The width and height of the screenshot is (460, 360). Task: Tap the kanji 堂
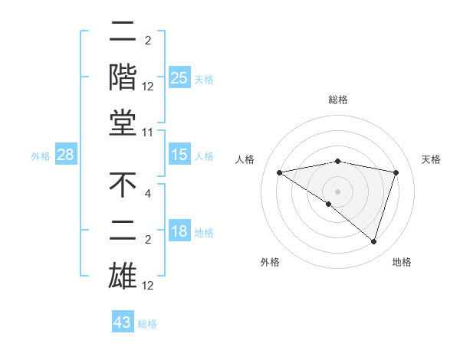pos(123,125)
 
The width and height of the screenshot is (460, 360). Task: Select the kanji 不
pos(123,185)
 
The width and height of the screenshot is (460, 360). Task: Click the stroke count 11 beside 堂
pos(148,133)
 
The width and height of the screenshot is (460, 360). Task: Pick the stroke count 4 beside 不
pos(148,194)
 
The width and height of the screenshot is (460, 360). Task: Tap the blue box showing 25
pos(179,77)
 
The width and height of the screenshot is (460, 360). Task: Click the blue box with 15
pos(179,155)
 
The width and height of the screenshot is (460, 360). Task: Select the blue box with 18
pos(179,232)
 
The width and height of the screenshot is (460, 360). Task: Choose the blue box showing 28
pos(65,155)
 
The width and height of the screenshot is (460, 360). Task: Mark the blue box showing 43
pos(122,322)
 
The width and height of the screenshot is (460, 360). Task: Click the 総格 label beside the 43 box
pos(147,324)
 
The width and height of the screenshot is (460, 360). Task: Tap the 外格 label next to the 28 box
pos(41,156)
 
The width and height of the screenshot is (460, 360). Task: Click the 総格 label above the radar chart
pos(337,100)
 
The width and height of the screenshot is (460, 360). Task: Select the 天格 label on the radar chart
pos(431,159)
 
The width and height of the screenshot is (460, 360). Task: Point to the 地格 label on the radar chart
pos(402,262)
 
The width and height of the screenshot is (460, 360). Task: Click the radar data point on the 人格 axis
pos(279,172)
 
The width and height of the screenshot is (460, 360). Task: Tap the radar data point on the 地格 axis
pos(373,241)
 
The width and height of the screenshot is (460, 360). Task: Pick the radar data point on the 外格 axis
pos(329,204)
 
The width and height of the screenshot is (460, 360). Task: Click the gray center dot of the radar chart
pos(337,191)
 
